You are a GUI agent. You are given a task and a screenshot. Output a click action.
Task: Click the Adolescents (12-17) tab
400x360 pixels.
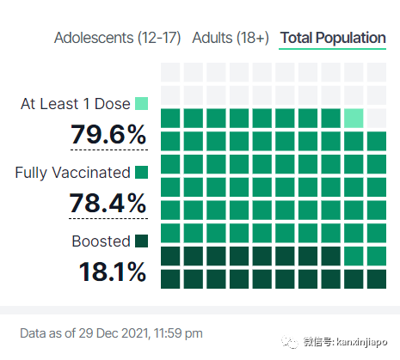117,38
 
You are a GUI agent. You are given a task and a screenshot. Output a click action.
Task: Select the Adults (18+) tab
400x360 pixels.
231,38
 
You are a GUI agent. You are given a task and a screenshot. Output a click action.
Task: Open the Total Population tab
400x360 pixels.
333,38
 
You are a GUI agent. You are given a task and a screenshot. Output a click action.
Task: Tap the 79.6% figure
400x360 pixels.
108,134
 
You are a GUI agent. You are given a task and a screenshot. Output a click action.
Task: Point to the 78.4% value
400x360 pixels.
108,203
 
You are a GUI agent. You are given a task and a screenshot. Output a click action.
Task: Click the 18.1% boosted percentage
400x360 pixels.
113,272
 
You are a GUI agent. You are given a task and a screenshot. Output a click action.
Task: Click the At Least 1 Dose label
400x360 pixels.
76,104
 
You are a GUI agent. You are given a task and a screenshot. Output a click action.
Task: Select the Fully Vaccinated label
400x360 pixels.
72,173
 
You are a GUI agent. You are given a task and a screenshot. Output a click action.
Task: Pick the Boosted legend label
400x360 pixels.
101,241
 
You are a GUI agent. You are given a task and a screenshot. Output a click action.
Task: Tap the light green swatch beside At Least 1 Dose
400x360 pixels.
142,104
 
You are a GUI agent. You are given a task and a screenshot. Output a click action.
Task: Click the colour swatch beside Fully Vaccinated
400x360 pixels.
142,173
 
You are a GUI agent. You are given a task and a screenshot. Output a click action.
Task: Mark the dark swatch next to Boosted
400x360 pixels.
142,241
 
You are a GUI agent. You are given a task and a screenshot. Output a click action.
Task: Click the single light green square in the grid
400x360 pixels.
354,119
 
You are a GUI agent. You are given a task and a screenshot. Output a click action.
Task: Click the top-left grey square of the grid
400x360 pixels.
170,72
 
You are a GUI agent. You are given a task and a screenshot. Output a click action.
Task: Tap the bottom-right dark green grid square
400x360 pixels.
377,279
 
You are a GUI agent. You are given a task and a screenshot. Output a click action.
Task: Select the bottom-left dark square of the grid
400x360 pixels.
170,279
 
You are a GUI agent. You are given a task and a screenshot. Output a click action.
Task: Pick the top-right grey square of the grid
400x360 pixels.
377,72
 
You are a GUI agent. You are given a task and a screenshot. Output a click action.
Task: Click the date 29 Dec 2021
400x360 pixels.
114,333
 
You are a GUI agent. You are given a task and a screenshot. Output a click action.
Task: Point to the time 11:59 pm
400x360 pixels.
178,333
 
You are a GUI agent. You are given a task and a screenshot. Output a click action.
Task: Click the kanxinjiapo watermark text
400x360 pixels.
361,342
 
